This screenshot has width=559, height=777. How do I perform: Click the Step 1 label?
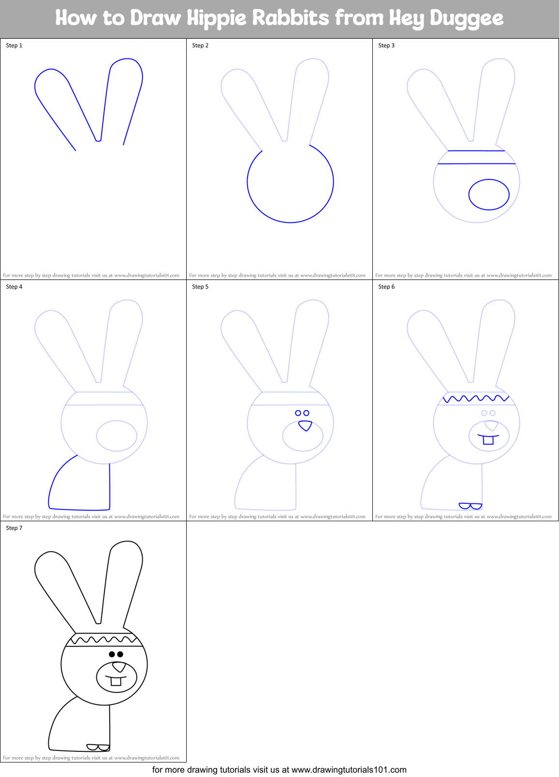(14, 45)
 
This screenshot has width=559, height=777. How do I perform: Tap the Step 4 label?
(14, 287)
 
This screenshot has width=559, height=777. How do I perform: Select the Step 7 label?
(14, 528)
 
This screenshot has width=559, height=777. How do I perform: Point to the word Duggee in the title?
(466, 18)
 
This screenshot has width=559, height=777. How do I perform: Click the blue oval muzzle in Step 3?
(489, 194)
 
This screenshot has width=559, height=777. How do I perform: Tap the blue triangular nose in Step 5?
(305, 425)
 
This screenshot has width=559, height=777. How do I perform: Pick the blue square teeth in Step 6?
(488, 440)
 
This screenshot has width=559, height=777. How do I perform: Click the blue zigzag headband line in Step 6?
(476, 399)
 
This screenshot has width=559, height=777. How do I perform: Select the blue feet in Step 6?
(471, 506)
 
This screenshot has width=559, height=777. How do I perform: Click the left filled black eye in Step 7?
(112, 654)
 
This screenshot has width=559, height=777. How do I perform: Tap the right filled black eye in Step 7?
(120, 654)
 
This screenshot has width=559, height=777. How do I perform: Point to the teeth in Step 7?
(116, 681)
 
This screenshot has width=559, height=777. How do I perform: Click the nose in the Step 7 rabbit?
(119, 667)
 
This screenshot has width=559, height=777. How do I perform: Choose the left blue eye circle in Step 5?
(298, 413)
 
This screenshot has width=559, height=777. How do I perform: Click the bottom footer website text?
(279, 770)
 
